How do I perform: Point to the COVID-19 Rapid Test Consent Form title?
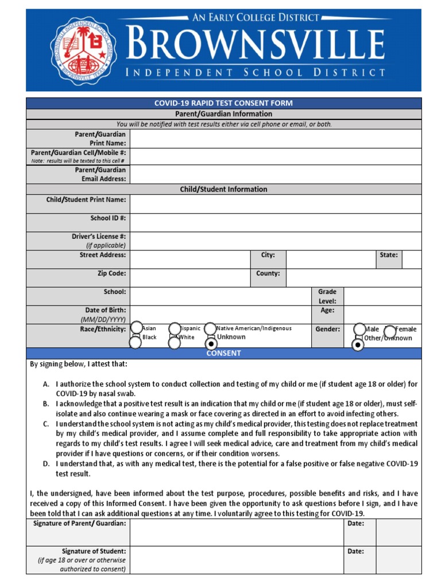pos(223,103)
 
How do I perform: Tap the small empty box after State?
pos(411,259)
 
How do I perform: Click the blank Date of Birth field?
pos(220,314)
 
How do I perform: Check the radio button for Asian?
pos(136,328)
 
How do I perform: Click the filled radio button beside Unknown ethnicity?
pos(211,343)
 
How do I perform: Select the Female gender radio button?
pos(390,331)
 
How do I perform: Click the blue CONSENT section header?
pos(223,353)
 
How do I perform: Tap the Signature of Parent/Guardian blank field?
pos(236,532)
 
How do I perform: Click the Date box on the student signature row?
pos(399,559)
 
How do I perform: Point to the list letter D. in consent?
pos(45,463)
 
